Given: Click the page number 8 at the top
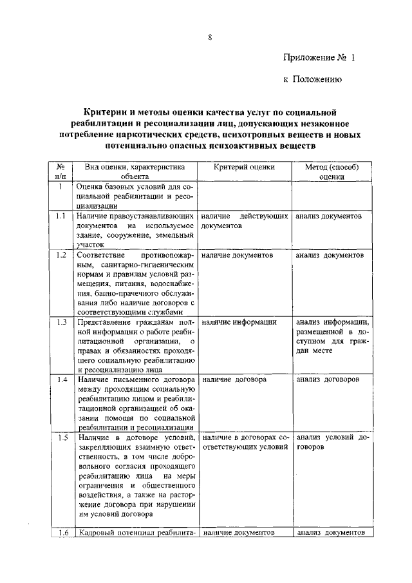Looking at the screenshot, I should pyautogui.click(x=210, y=37).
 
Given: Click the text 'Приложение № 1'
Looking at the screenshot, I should pyautogui.click(x=319, y=57).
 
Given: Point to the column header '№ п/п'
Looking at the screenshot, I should pyautogui.click(x=59, y=171).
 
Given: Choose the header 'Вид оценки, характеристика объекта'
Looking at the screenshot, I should pyautogui.click(x=134, y=171).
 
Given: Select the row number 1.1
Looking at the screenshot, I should pyautogui.click(x=59, y=216).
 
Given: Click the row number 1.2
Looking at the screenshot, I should pyautogui.click(x=59, y=255).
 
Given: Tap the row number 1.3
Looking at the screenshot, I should pyautogui.click(x=59, y=321).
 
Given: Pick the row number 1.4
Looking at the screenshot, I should pyautogui.click(x=59, y=379).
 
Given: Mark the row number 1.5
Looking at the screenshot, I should pyautogui.click(x=59, y=437).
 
